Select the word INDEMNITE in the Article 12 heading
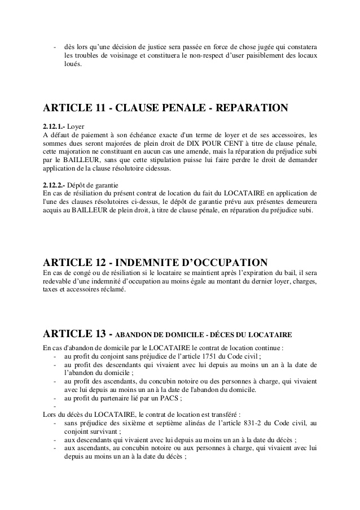click(142, 263)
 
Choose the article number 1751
click(212, 356)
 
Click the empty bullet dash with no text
click(55, 406)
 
